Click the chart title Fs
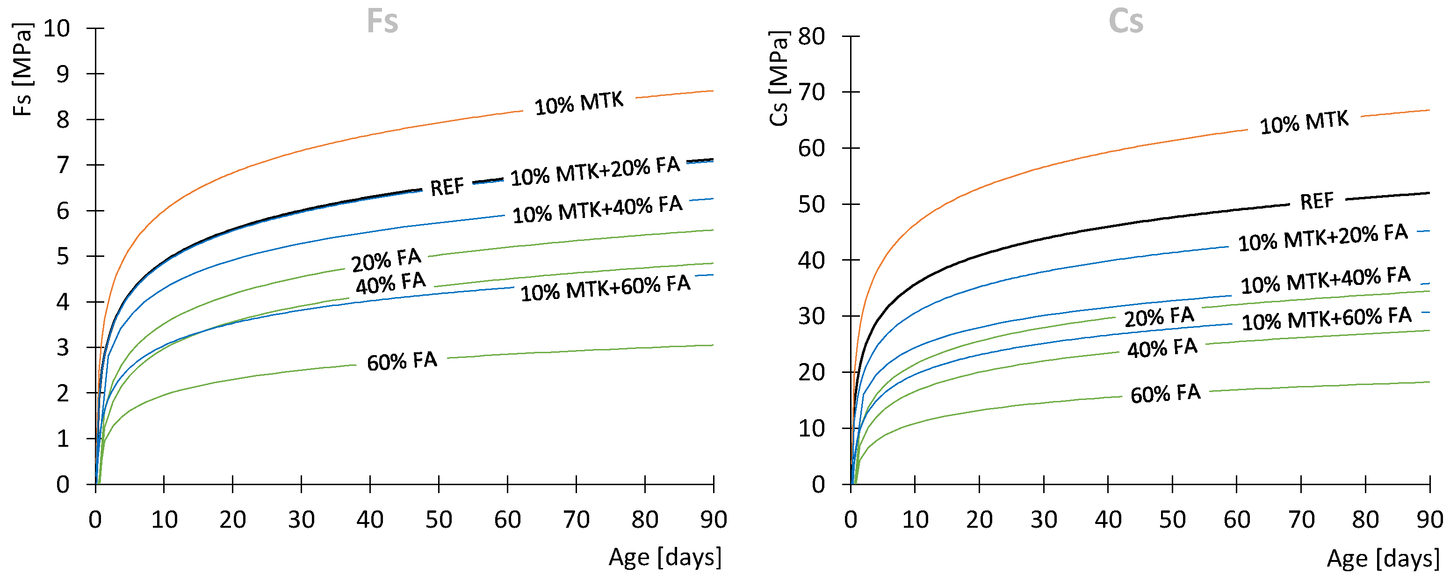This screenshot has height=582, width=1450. point(382,22)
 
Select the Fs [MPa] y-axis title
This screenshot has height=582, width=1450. point(22,69)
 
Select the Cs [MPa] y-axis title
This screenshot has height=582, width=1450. point(779,78)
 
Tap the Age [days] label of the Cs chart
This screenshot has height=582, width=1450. point(1383,558)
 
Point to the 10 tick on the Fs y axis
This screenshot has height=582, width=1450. point(57,28)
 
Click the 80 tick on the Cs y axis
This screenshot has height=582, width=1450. point(811,36)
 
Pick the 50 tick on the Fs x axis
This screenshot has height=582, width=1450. point(439,519)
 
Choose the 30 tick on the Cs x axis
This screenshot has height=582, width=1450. point(1044,519)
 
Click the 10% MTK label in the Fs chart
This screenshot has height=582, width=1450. point(579,103)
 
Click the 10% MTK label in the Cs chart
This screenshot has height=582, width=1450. point(1304,122)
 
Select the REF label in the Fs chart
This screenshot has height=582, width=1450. point(447,187)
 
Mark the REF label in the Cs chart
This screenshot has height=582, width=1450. point(1317,201)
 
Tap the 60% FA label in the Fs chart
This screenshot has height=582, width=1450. point(402,361)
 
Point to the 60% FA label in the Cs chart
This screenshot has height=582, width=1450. point(1165,393)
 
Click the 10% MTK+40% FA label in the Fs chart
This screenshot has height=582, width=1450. point(597,209)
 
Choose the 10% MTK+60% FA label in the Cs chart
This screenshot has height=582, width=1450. point(1326,319)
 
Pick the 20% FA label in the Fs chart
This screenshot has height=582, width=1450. point(386,260)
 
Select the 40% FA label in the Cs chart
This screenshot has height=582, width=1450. point(1162,348)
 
